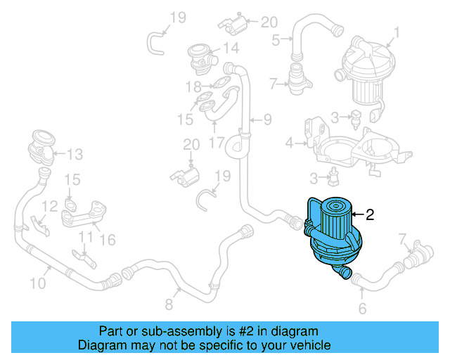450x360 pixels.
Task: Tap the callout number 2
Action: (370, 215)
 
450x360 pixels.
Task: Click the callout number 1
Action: (397, 32)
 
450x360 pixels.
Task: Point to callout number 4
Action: (289, 143)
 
